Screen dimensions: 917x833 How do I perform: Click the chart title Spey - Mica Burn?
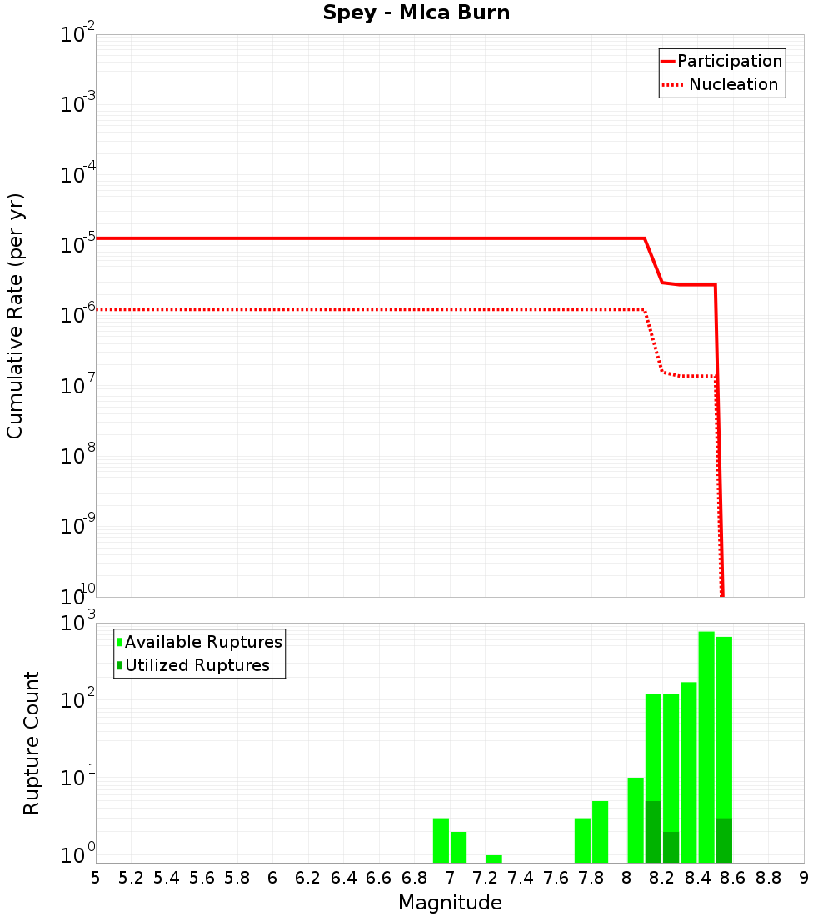pyautogui.click(x=416, y=13)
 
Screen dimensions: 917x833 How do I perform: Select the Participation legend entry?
pyautogui.click(x=729, y=61)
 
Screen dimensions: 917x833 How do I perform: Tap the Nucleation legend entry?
pyautogui.click(x=732, y=84)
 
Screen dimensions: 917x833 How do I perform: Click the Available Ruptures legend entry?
pyautogui.click(x=203, y=642)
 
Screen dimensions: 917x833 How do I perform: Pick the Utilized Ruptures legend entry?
pyautogui.click(x=197, y=665)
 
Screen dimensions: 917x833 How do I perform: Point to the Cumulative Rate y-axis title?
pyautogui.click(x=15, y=316)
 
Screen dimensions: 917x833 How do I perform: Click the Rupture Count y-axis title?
pyautogui.click(x=32, y=743)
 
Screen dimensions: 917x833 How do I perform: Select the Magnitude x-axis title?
pyautogui.click(x=450, y=903)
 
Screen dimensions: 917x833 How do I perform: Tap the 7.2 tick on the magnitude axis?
pyautogui.click(x=485, y=878)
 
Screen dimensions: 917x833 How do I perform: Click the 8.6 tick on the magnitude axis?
pyautogui.click(x=733, y=878)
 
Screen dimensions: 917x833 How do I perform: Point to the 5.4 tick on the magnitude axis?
pyautogui.click(x=167, y=878)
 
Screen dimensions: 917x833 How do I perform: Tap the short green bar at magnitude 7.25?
pyautogui.click(x=494, y=859)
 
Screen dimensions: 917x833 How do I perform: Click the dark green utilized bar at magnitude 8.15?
pyautogui.click(x=653, y=832)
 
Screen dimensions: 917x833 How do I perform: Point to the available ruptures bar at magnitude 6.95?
pyautogui.click(x=441, y=840)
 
